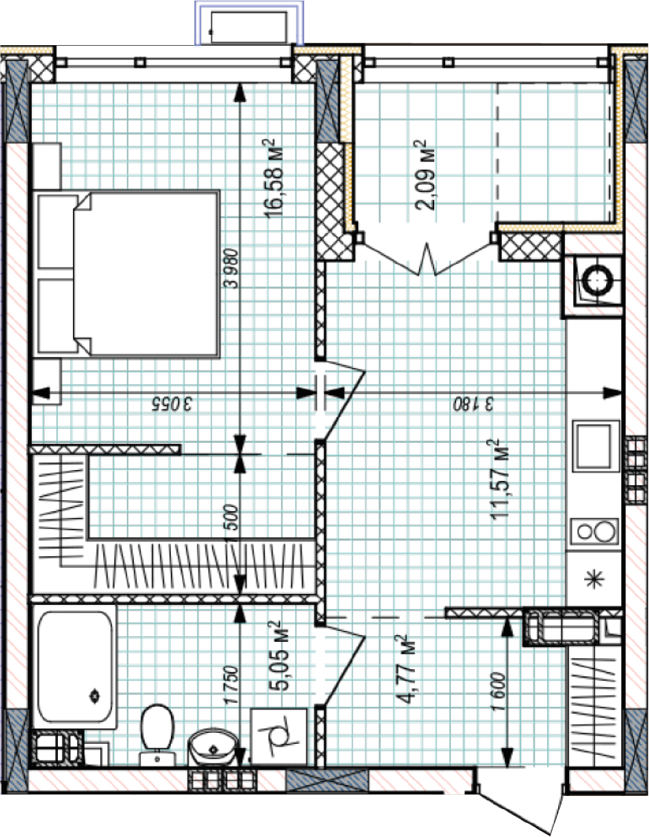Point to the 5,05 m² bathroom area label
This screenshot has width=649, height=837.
click(x=278, y=655)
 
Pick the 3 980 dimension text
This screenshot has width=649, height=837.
click(x=232, y=268)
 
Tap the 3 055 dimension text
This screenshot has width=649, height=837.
click(x=172, y=403)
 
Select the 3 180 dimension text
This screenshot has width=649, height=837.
click(x=473, y=403)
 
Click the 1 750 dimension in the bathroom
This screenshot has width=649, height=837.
click(x=232, y=684)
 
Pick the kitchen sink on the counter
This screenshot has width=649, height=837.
click(x=596, y=446)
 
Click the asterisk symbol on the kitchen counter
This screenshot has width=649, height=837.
click(x=595, y=580)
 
